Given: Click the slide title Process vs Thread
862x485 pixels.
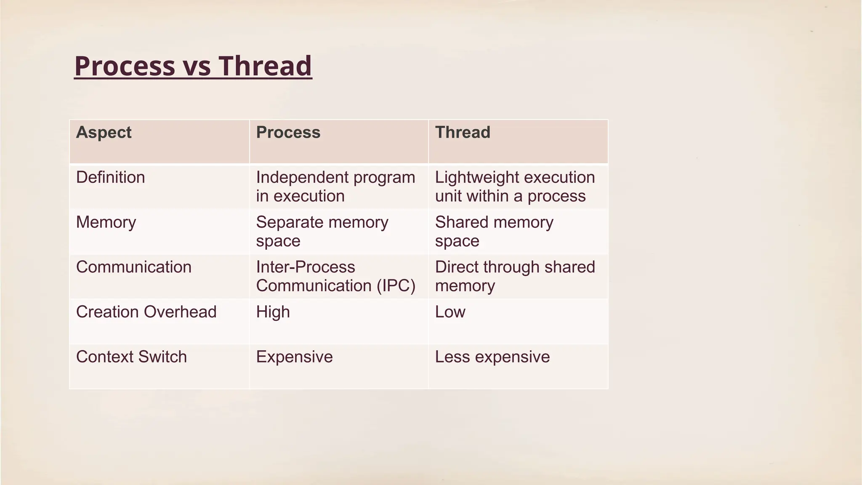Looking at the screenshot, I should [193, 66].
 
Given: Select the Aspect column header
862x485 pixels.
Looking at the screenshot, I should [104, 133].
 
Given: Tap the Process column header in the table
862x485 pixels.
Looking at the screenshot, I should [288, 133].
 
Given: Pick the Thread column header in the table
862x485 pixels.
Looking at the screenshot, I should [463, 133].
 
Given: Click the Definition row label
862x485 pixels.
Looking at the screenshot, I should [110, 178].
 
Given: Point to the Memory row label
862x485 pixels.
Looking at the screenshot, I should [106, 222].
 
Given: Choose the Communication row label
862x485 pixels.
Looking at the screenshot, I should [133, 267].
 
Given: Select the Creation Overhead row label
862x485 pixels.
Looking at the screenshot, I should [146, 312].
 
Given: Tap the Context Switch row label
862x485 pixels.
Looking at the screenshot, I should [131, 357].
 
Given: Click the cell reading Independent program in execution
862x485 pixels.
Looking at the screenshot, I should [335, 187].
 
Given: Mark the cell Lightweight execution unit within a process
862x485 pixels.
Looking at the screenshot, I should [514, 187].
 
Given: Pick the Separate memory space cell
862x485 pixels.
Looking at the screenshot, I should [322, 232].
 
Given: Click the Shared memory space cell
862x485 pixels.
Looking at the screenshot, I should [494, 232].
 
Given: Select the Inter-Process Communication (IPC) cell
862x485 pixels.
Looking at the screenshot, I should [335, 276].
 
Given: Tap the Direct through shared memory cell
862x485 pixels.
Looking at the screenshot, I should [514, 276].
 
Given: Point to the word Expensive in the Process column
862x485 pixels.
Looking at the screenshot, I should [294, 357].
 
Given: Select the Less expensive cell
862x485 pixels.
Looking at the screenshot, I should [492, 357].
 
